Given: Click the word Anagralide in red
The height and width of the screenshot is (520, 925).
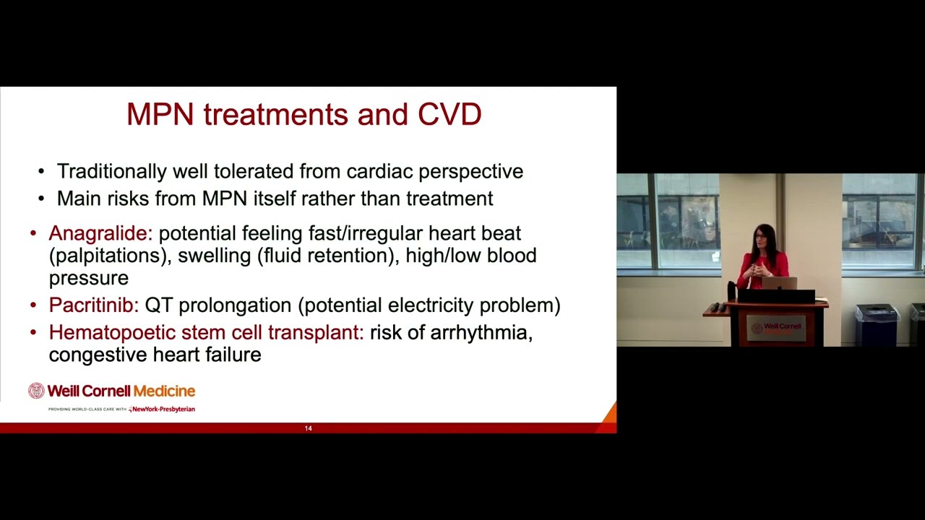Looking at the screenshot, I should (x=100, y=233).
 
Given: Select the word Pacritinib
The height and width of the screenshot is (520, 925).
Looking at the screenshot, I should (x=93, y=305).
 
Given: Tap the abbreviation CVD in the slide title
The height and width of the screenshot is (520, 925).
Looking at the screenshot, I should (x=449, y=115).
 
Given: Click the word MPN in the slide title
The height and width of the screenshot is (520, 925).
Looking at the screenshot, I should (x=160, y=115).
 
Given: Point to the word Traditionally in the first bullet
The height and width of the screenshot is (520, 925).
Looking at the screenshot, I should (x=112, y=172).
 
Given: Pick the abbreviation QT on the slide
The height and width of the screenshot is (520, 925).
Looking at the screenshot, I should (x=159, y=305).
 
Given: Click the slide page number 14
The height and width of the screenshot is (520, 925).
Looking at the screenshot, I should (x=308, y=428).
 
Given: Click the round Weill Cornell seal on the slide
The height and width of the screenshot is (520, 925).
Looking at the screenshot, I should (x=36, y=391).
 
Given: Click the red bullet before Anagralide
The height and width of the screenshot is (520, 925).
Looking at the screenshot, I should (x=33, y=233).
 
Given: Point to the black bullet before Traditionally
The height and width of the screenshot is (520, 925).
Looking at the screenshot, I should (x=41, y=172).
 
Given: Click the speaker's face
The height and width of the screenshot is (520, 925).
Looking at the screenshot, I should (x=760, y=238).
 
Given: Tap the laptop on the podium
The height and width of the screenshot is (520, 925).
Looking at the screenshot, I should (x=779, y=283).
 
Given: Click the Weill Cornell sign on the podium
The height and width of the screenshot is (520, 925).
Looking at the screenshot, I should (x=776, y=329).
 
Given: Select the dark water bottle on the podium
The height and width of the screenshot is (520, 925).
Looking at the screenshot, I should (x=731, y=290).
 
